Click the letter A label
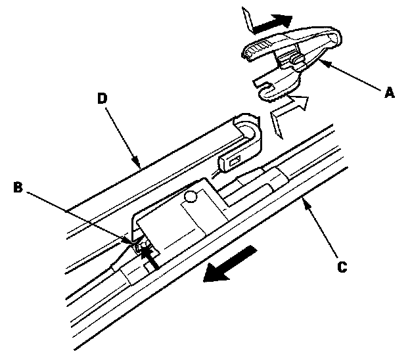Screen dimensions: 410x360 (x=389, y=94)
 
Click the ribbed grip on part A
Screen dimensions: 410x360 (x=257, y=48)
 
